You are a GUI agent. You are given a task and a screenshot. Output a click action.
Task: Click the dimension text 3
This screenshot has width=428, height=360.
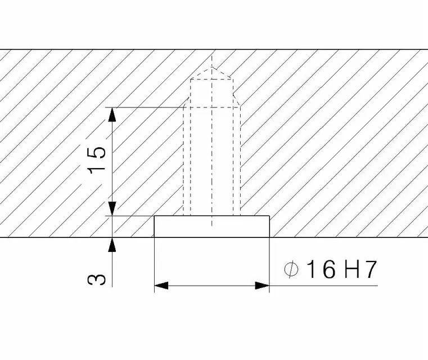pos(96,280)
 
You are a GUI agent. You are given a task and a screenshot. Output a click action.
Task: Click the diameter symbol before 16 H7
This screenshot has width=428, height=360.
pos(291,269)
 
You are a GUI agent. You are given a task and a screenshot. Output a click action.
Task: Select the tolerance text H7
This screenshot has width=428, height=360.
pos(361,269)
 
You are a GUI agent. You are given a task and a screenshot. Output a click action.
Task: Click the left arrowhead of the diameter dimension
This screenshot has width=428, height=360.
pos(161,286)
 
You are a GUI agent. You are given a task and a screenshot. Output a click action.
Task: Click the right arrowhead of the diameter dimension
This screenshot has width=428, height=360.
pos(262,286)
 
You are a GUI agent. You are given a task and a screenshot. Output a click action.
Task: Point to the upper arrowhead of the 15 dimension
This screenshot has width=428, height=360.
pos(112,115)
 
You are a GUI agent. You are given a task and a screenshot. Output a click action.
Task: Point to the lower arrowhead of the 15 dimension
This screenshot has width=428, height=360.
pos(112,209)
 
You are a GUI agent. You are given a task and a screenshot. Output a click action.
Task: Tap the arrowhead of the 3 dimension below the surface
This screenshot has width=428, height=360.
pos(112,245)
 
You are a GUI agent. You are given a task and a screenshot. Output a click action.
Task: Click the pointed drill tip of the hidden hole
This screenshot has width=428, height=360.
pos(212,67)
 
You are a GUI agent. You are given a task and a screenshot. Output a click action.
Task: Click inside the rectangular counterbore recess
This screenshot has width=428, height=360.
pos(212,227)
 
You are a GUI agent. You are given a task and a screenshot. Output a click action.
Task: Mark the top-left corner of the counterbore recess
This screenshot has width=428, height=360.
pos(155,216)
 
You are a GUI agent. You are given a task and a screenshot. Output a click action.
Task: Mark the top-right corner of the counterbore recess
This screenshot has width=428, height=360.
pos(269,216)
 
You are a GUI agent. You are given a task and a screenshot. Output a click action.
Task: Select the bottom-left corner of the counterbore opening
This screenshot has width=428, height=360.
pos(155,237)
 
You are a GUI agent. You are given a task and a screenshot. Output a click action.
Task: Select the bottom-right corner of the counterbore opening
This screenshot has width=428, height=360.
pos(269,237)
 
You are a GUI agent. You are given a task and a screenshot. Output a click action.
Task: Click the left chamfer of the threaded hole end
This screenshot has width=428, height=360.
pos(187,101)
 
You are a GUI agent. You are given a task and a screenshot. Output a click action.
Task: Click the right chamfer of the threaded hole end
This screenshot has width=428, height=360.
pos(237,101)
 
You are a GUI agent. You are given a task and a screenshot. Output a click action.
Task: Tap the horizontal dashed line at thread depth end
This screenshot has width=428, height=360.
pos(212,107)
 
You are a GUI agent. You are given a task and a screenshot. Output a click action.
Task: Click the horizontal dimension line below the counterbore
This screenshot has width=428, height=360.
pos(212,286)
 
